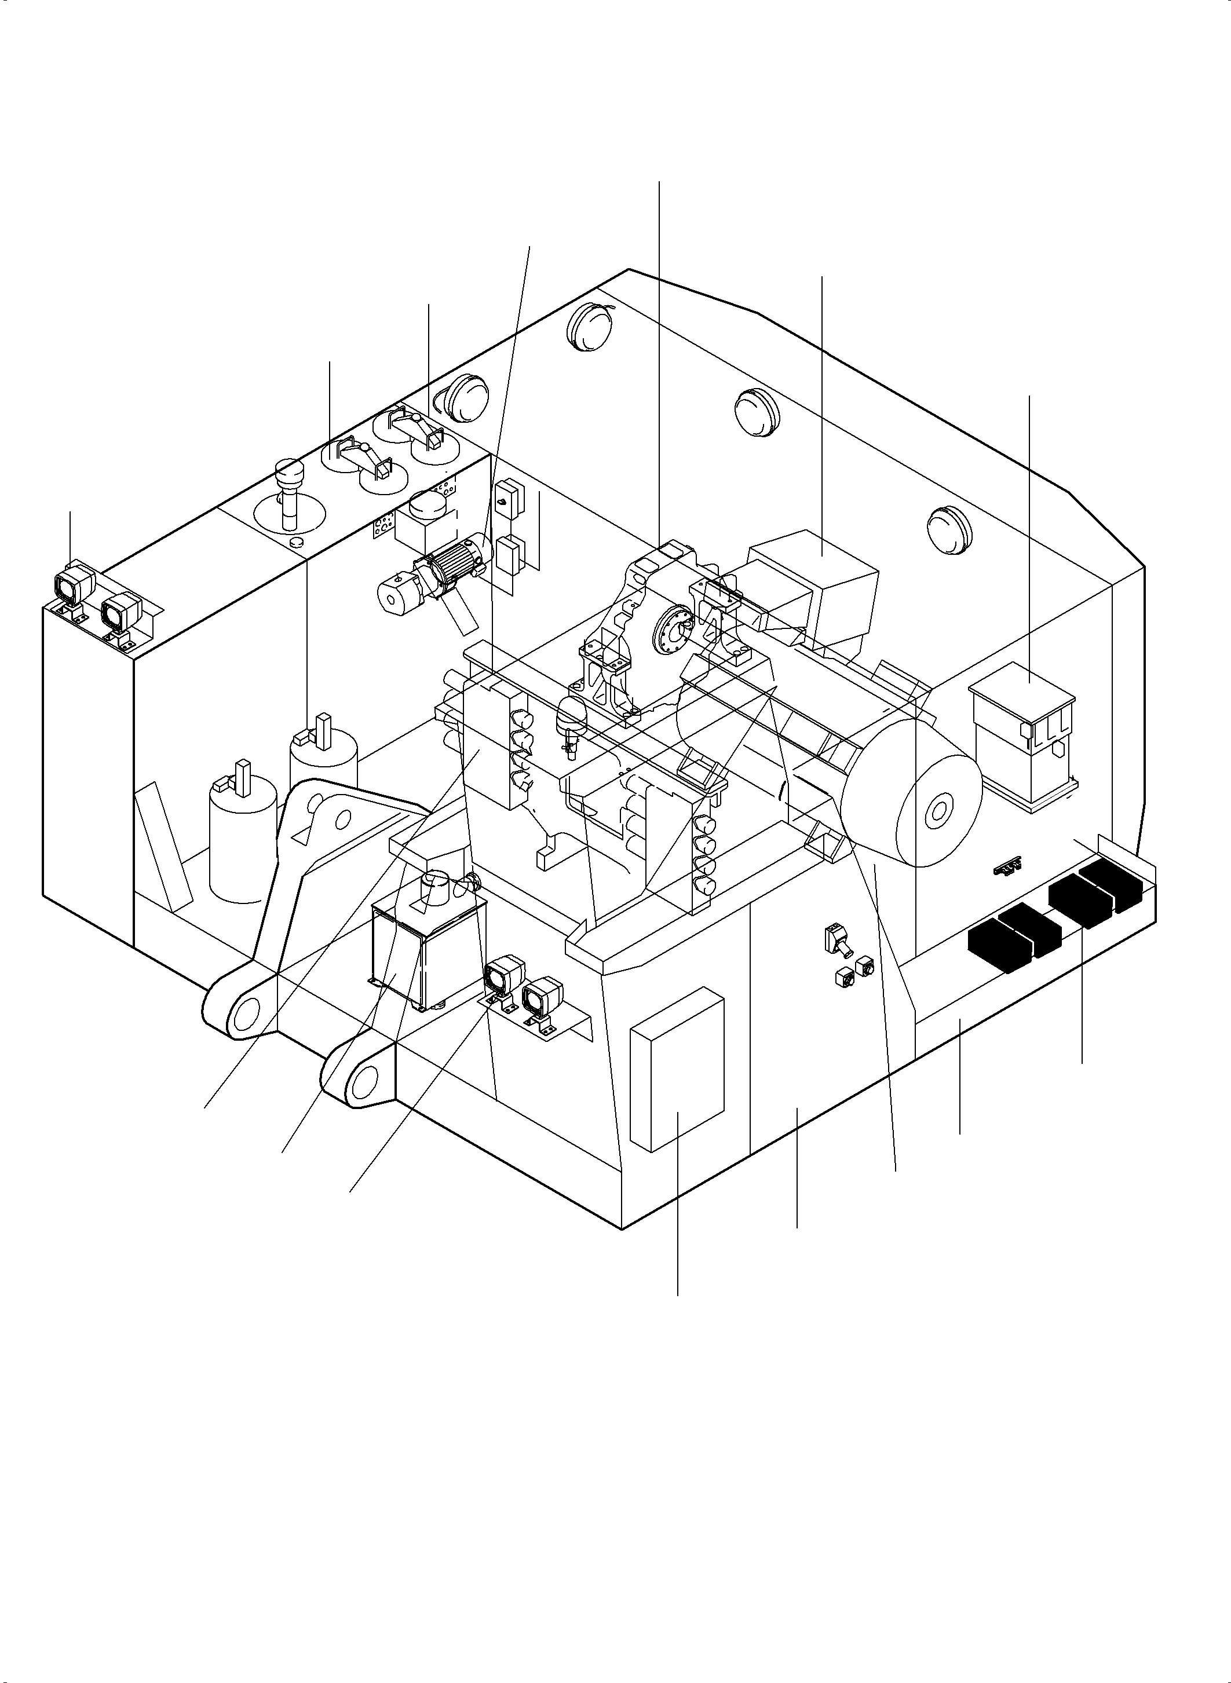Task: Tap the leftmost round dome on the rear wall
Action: click(x=465, y=393)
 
